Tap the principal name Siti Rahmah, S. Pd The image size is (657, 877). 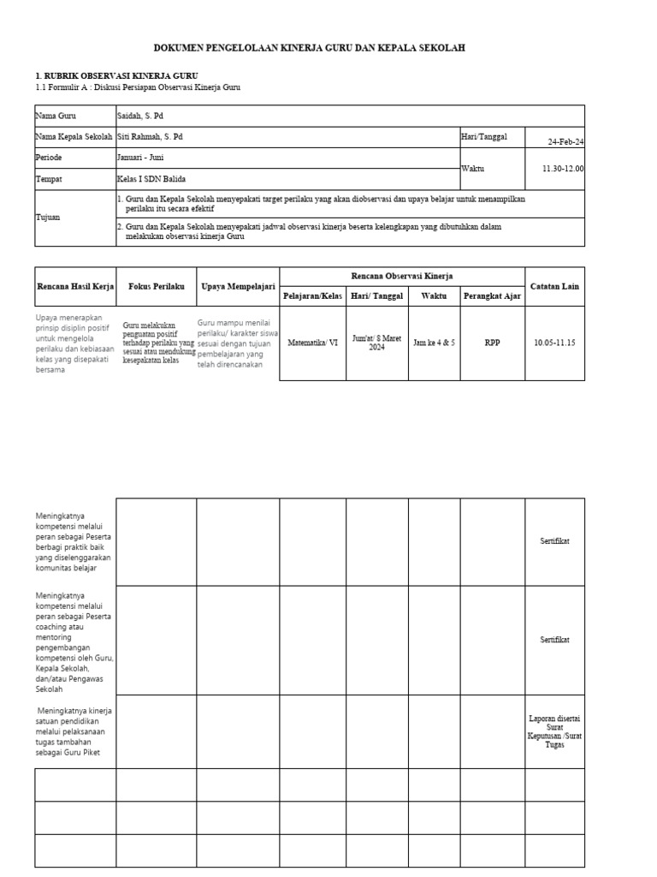pyautogui.click(x=150, y=136)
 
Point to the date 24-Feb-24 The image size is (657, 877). pyautogui.click(x=565, y=142)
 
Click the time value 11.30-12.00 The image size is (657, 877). pyautogui.click(x=562, y=169)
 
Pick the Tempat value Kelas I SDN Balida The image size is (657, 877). pyautogui.click(x=151, y=179)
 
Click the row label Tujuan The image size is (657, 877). pyautogui.click(x=47, y=218)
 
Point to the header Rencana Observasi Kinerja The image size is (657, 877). pyautogui.click(x=402, y=275)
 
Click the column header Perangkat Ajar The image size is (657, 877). pyautogui.click(x=492, y=296)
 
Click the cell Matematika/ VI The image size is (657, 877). pyautogui.click(x=312, y=343)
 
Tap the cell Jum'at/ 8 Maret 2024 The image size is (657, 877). pyautogui.click(x=376, y=343)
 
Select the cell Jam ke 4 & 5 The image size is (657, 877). pyautogui.click(x=434, y=343)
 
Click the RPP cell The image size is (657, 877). pyautogui.click(x=492, y=343)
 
